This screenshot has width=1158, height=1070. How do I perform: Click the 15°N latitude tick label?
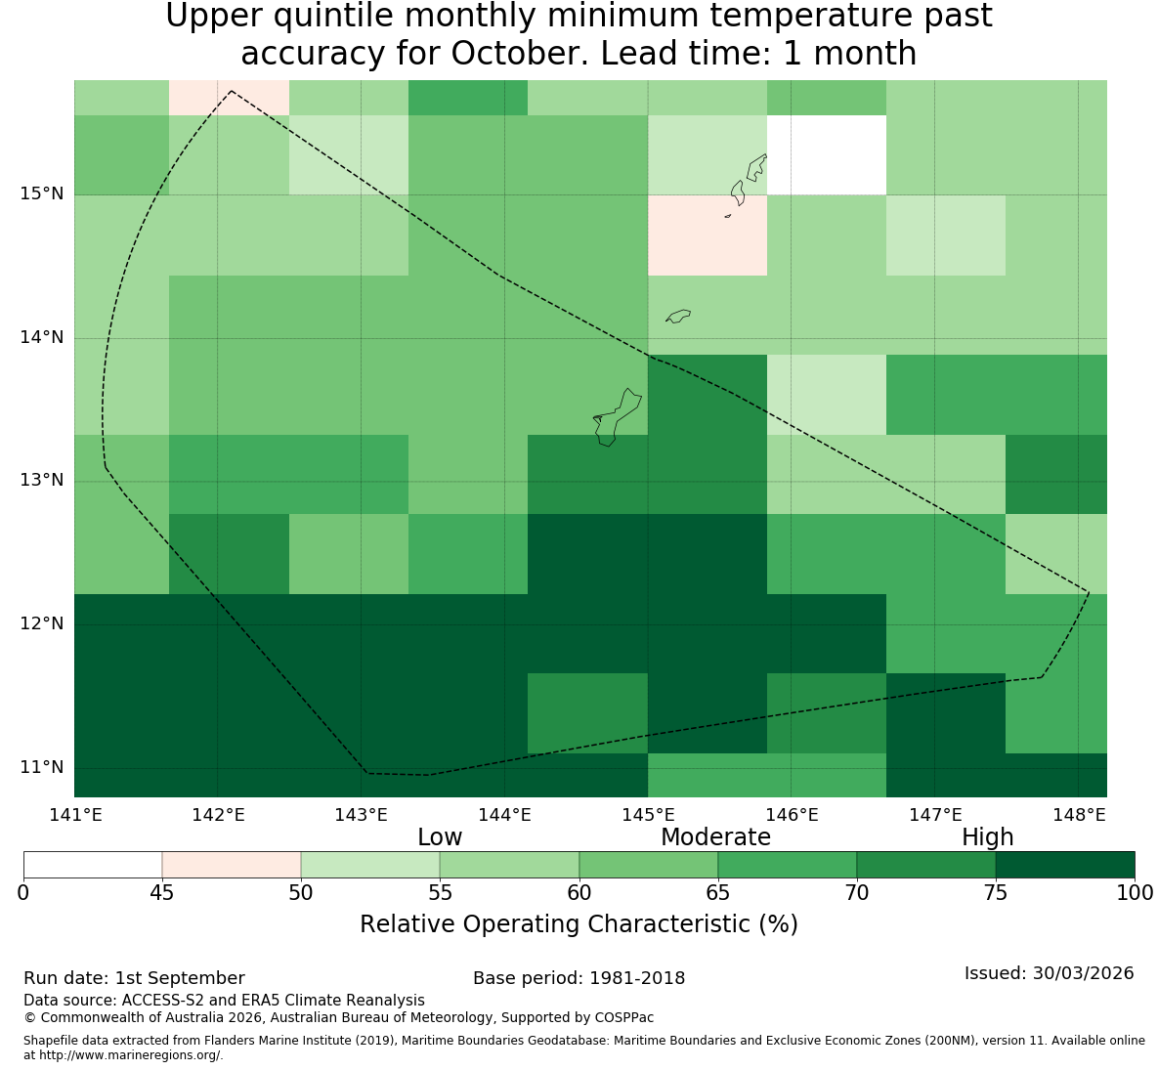(x=42, y=194)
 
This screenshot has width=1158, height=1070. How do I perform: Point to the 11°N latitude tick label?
(x=42, y=767)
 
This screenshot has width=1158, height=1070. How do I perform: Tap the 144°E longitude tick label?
(x=505, y=815)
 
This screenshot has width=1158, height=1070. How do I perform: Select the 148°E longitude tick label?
(x=1079, y=815)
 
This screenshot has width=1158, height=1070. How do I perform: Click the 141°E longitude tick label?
(x=75, y=815)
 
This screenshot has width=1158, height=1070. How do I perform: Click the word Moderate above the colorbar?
(x=715, y=837)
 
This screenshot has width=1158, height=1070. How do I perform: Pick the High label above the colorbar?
(x=987, y=837)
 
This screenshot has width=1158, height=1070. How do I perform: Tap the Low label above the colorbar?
(x=440, y=837)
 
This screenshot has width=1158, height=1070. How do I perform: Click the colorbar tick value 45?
(x=162, y=893)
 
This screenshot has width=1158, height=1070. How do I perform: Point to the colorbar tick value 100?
(x=1135, y=893)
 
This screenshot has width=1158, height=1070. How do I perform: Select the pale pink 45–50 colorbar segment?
(x=232, y=865)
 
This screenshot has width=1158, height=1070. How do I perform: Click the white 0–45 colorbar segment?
(x=93, y=865)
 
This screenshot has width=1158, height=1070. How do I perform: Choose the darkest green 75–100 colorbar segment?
(x=1065, y=865)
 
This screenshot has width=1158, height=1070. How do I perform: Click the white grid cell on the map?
(x=827, y=155)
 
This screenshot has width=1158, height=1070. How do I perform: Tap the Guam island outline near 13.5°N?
(x=618, y=417)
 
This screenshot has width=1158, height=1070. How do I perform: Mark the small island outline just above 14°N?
(x=678, y=316)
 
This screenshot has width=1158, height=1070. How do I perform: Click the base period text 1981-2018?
(x=637, y=978)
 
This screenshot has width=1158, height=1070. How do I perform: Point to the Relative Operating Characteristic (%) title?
(x=579, y=924)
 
